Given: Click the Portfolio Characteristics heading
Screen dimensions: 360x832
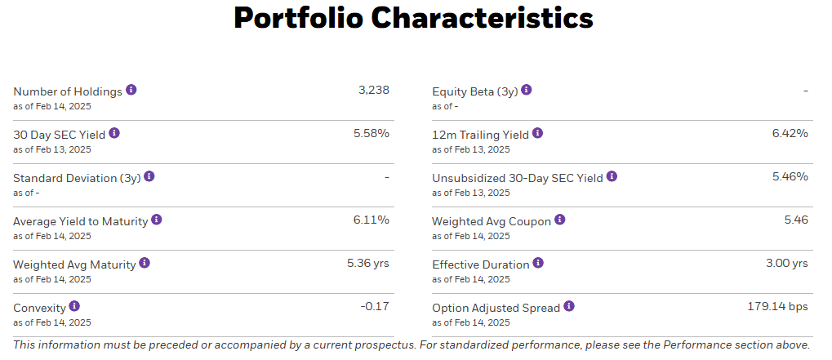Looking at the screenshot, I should (x=413, y=18).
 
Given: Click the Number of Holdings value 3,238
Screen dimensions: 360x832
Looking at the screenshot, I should (x=373, y=90).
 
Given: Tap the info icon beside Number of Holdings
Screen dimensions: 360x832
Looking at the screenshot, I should (x=131, y=90).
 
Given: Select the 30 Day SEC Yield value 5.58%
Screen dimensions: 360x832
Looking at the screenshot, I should (x=371, y=133).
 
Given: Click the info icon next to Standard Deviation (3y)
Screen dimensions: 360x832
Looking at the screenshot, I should (x=149, y=176).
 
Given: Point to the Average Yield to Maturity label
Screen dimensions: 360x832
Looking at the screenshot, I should (x=80, y=220).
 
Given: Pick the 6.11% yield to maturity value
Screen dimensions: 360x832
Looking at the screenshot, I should (x=372, y=220).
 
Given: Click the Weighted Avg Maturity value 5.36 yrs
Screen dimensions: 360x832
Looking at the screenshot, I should (x=367, y=263).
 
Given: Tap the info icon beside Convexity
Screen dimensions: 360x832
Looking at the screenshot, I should (x=74, y=306).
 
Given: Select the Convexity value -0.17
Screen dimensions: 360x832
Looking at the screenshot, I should (x=375, y=306).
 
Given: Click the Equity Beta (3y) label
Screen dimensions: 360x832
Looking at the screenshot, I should (x=474, y=91).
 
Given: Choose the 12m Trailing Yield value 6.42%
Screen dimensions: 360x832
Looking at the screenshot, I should (x=790, y=133).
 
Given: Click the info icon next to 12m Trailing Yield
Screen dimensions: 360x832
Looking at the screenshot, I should (x=537, y=133).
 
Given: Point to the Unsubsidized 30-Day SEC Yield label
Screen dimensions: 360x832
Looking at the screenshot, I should (x=517, y=177).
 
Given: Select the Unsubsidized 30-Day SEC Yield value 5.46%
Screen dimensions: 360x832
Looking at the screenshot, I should (x=790, y=176).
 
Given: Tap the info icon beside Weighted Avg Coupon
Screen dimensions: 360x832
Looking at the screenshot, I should (x=559, y=220).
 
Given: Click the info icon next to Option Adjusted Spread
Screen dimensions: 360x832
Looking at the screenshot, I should (x=569, y=306).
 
